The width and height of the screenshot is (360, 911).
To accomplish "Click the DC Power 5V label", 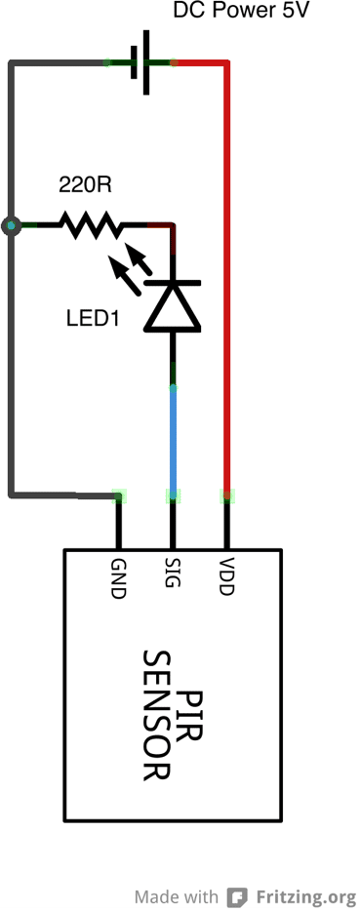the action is (241, 11).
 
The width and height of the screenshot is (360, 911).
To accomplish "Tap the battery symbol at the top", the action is (140, 62).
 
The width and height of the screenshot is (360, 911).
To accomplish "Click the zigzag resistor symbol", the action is (91, 224).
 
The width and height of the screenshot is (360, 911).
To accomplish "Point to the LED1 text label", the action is (93, 318).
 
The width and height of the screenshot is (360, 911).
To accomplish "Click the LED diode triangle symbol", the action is (173, 306).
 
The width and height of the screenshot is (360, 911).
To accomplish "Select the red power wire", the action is (226, 273).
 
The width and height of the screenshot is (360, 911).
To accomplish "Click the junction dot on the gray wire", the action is (11, 225).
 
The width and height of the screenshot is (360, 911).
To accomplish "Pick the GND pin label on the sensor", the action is (118, 579).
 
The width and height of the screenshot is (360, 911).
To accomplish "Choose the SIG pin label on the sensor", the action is (172, 573).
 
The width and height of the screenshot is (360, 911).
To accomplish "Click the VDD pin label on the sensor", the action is (226, 576).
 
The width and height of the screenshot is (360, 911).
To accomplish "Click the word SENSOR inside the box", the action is (157, 716).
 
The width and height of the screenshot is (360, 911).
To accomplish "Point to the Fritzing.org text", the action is (305, 896).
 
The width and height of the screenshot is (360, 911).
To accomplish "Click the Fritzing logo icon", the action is (237, 896).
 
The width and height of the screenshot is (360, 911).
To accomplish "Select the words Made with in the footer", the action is (177, 896).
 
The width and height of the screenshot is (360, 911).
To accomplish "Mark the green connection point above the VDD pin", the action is (226, 495).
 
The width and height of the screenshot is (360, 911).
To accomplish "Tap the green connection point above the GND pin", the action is (119, 495).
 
